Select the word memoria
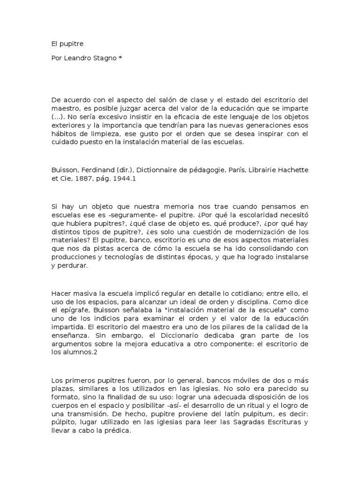[x=157, y=207]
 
